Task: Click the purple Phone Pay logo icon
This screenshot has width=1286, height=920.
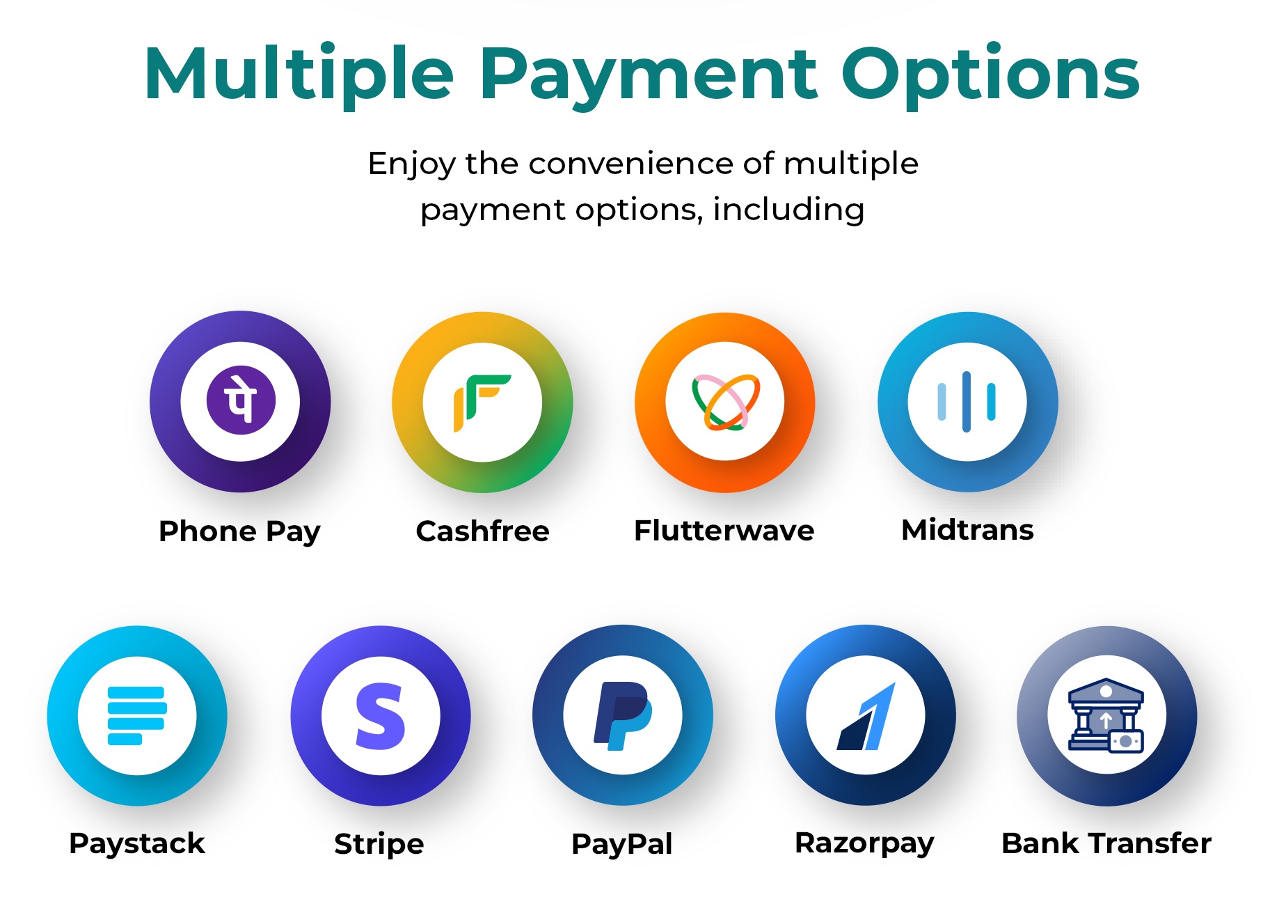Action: tap(241, 401)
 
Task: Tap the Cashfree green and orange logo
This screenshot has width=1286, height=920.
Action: tap(482, 403)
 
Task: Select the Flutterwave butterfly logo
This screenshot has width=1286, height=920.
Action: tap(725, 402)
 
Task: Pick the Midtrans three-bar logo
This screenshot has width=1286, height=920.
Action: tap(967, 402)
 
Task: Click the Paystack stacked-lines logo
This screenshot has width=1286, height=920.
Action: tap(137, 715)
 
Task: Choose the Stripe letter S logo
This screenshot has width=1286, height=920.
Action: tap(380, 716)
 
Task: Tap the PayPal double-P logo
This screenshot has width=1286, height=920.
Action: tap(622, 716)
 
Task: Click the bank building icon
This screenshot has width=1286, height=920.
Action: tap(1106, 715)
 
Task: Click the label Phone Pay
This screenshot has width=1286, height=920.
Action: tap(239, 531)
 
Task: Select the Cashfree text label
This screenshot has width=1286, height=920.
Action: tap(482, 531)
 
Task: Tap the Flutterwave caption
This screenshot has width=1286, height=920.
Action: tap(724, 531)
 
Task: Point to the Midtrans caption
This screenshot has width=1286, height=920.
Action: tap(967, 530)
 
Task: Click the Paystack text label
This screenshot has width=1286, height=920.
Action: tap(137, 843)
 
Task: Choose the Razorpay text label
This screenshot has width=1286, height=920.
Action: tap(864, 843)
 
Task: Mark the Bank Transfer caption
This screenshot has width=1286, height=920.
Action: tap(1106, 843)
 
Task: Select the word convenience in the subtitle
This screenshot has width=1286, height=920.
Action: tap(631, 164)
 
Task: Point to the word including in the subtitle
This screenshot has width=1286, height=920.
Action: tap(789, 210)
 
